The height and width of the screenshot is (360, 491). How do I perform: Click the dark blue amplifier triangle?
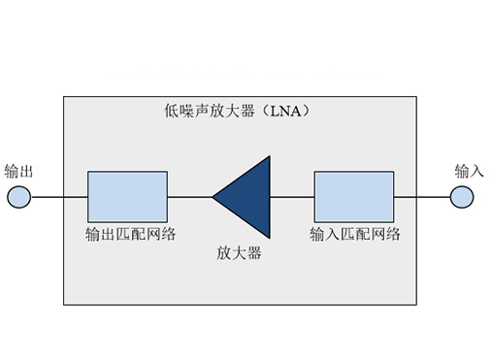247,197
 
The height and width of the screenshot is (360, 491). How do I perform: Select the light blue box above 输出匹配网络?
127,197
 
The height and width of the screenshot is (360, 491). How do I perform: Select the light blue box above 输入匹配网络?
354,197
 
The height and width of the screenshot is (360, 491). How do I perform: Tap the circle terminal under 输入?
463,197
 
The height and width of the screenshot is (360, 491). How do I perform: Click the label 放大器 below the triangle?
239,254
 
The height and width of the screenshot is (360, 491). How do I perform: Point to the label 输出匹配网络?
127,234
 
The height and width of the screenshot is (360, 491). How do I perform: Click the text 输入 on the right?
470,171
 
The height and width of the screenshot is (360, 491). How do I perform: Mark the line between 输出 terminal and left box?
59,197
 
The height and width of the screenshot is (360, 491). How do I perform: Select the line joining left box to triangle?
189,197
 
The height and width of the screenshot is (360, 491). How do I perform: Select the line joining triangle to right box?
292,197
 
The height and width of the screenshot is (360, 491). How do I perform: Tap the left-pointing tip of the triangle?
214,197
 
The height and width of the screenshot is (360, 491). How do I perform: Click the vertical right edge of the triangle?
269,197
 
